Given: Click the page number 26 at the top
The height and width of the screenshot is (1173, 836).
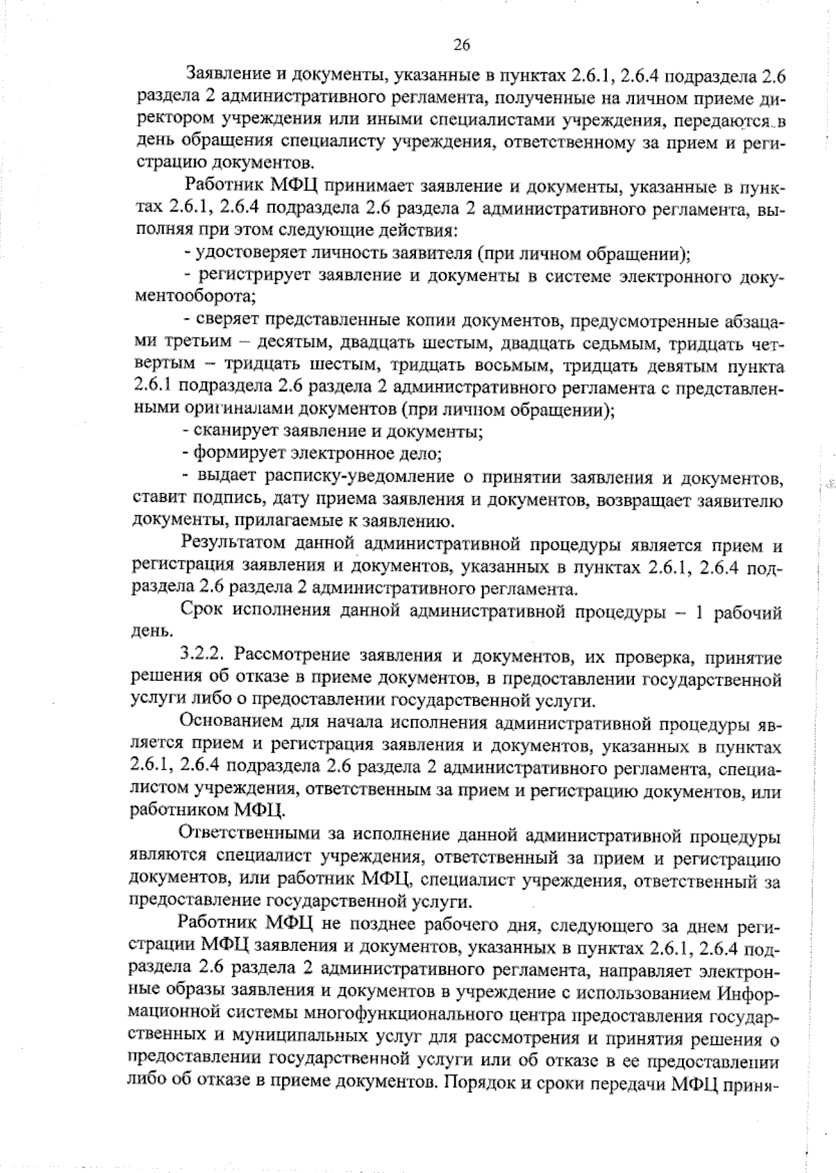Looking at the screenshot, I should click(x=462, y=45).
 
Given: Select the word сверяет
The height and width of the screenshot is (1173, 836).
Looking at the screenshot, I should click(x=223, y=320).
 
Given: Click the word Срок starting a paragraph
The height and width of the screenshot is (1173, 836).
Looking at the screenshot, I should click(x=201, y=613).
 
